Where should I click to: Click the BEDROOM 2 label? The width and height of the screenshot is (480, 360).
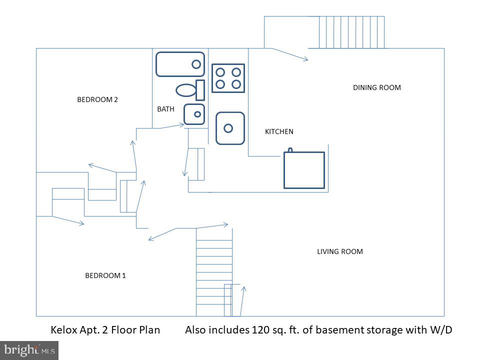pos(97,99)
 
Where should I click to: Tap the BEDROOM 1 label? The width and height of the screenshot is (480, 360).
pos(105,275)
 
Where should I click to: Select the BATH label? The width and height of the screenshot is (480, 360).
pos(166,109)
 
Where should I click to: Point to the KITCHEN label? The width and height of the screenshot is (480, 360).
pos(279,131)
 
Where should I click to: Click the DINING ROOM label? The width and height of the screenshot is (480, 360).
pos(377,87)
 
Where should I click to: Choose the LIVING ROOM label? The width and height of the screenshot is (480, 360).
pos(340,251)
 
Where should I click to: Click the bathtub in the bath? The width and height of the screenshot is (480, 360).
pos(179,64)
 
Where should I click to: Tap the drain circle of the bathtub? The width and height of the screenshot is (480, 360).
pos(196,64)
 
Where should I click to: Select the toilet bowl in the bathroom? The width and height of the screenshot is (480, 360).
pos(186,90)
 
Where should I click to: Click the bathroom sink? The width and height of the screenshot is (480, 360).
pos(194,114)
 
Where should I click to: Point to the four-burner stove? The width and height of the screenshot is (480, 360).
pos(228,78)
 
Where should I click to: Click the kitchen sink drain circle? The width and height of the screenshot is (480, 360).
pos(228,128)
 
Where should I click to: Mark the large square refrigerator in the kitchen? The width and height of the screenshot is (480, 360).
pos(304,170)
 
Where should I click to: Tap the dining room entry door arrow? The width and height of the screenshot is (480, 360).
pos(289,54)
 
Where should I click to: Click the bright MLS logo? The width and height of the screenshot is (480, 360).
pos(29,349)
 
